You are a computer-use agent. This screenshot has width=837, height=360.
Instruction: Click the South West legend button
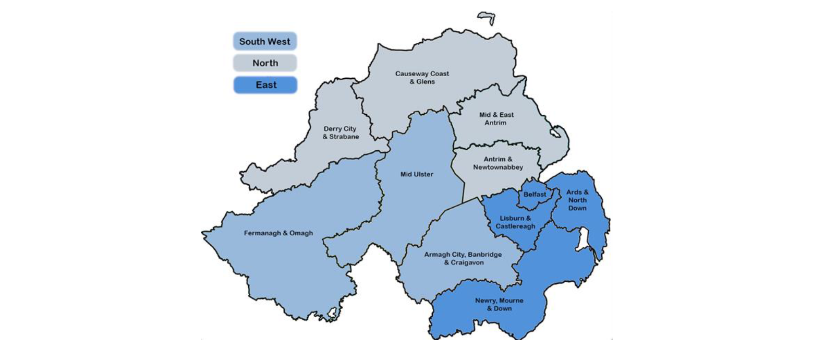(x=265, y=41)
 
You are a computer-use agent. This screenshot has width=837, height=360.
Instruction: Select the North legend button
(x=265, y=63)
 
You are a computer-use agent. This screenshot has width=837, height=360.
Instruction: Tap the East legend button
(x=265, y=85)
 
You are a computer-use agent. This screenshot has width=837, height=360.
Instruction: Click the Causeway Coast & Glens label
(x=422, y=78)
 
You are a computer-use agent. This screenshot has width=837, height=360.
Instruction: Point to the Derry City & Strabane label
(x=341, y=133)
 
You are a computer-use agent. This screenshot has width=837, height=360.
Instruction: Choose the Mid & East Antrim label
(x=496, y=118)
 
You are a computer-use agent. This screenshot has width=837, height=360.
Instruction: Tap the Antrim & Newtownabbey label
(x=498, y=163)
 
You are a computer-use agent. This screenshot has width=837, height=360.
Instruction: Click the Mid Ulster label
(x=417, y=174)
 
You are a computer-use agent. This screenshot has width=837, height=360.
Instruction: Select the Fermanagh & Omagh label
(x=278, y=233)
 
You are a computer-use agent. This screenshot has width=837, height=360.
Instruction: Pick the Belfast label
(x=535, y=194)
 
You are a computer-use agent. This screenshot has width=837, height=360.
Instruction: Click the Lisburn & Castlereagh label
(x=515, y=222)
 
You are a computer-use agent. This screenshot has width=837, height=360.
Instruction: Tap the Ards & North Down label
(x=577, y=200)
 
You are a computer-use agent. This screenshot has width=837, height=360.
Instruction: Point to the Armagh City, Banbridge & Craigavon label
(x=463, y=258)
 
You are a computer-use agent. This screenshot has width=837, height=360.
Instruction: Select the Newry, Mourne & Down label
(x=499, y=304)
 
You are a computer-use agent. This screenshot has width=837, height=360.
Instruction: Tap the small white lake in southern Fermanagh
(x=332, y=313)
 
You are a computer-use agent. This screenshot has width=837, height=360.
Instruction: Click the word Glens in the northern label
(x=426, y=82)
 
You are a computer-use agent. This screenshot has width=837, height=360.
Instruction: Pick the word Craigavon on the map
(x=467, y=262)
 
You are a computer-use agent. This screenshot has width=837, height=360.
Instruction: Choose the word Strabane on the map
(x=344, y=137)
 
